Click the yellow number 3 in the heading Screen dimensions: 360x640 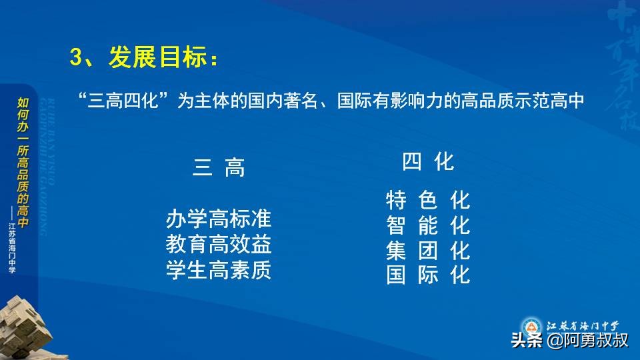(x=75, y=58)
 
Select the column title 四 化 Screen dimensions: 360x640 (x=428, y=162)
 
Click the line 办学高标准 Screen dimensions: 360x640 (x=219, y=219)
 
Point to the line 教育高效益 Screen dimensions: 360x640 (x=219, y=245)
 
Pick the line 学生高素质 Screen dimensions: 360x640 (x=219, y=271)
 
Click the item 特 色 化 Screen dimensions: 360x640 (x=428, y=200)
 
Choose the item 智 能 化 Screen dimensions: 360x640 (x=428, y=225)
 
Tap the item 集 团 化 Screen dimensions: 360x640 (x=428, y=251)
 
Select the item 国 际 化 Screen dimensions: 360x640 (x=428, y=275)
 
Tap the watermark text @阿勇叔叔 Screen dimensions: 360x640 (x=587, y=341)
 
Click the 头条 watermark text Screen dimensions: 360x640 (x=527, y=341)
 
